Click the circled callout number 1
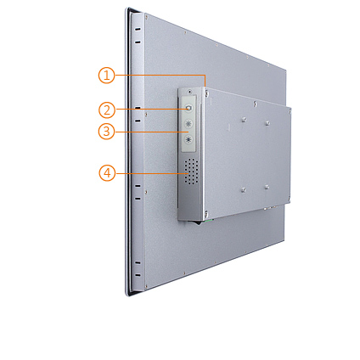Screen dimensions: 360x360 click(106, 76)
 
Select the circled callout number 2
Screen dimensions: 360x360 click(107, 110)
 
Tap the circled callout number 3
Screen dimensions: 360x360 click(106, 132)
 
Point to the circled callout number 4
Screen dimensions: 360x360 click(107, 173)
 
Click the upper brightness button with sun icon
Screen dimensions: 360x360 click(188, 123)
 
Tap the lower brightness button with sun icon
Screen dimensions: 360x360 click(188, 139)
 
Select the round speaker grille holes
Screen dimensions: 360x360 click(191, 172)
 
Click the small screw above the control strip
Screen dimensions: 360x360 click(189, 92)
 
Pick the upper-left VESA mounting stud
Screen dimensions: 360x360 click(244, 120)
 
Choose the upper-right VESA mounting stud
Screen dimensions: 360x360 click(267, 123)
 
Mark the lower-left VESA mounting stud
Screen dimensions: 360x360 click(244, 189)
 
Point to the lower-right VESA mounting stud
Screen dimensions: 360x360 click(267, 187)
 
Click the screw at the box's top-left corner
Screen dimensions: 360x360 click(207, 93)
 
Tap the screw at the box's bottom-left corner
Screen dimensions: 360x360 click(206, 213)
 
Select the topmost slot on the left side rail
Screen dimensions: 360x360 click(138, 30)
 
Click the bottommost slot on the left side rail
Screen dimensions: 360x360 click(138, 275)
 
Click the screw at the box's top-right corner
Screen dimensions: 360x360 click(290, 112)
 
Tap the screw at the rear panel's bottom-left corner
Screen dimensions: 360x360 click(146, 286)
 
